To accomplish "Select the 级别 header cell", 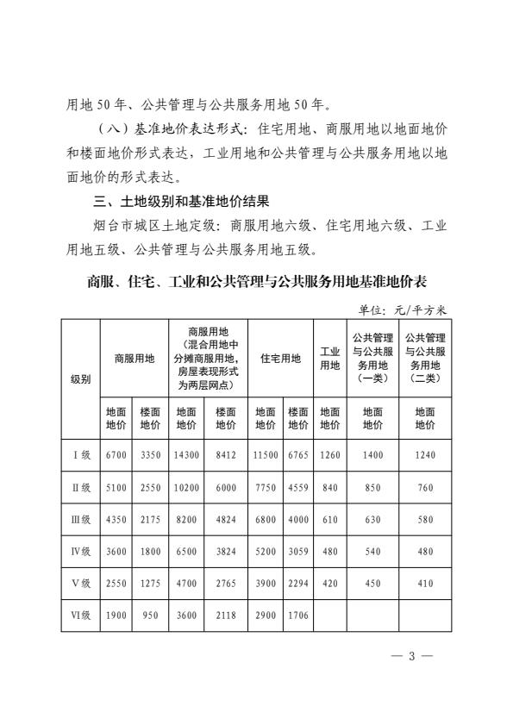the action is [80, 380].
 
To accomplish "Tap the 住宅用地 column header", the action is [281, 359].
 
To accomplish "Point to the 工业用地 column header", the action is [329, 359].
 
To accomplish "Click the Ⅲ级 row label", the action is [80, 521].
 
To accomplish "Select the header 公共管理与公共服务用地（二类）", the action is [425, 358].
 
